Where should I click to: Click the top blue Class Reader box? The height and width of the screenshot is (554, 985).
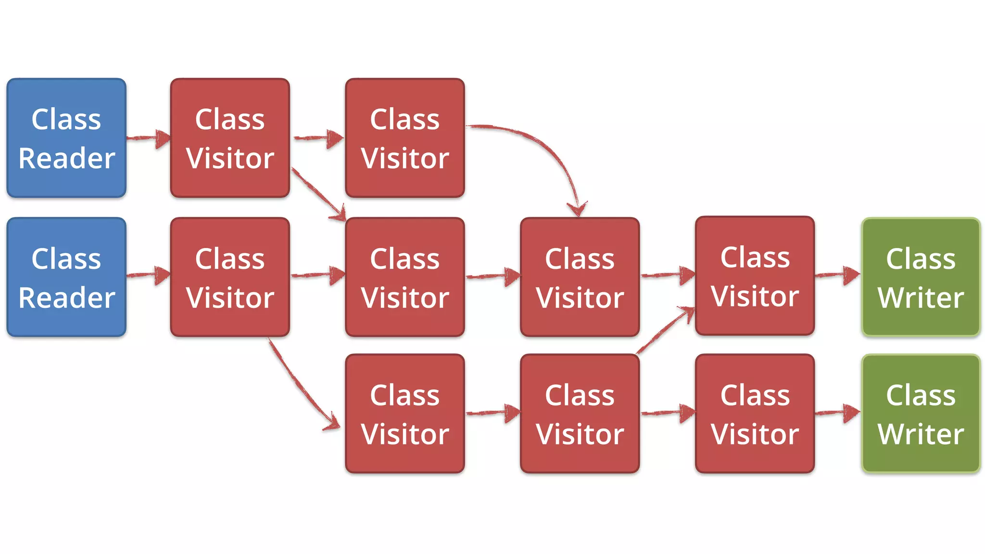[x=66, y=138]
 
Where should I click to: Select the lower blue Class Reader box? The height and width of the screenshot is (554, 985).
[x=66, y=277]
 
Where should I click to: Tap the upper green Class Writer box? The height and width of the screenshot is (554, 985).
[x=921, y=277]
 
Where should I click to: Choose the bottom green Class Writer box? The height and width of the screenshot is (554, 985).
[x=921, y=414]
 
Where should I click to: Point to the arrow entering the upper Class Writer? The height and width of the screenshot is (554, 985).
[x=837, y=275]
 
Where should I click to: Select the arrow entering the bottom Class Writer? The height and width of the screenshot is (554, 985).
[x=837, y=413]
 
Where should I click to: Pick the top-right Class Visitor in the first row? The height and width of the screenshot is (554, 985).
[x=405, y=138]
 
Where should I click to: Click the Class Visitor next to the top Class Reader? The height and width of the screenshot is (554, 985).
[x=230, y=138]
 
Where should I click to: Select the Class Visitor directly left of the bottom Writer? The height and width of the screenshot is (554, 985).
[x=755, y=414]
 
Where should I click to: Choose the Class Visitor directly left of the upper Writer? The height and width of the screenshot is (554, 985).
[x=755, y=276]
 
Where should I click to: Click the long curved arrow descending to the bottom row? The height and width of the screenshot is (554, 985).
[x=298, y=385]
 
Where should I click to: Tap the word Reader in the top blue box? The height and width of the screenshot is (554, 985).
[x=66, y=158]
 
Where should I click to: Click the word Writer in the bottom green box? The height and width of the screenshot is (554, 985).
[x=921, y=434]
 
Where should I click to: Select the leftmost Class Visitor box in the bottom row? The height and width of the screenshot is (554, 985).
[x=405, y=414]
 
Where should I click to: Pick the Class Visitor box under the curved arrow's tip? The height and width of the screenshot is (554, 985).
[x=580, y=277]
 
